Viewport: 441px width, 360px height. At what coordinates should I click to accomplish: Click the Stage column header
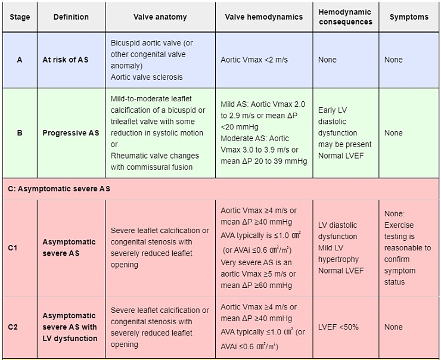(x=19, y=17)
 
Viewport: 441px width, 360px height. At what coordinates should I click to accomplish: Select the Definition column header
(x=71, y=17)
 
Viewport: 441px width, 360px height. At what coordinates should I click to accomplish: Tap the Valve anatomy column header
(x=160, y=17)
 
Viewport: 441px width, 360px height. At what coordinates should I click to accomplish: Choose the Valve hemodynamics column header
(x=263, y=17)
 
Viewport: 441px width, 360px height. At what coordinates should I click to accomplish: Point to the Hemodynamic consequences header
(x=345, y=17)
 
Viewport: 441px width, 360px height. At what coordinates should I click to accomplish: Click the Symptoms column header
(x=409, y=17)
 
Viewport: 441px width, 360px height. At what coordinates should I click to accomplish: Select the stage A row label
(x=19, y=60)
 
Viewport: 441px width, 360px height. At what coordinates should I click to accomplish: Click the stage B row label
(x=19, y=133)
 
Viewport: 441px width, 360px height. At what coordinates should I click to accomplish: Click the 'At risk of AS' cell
(x=65, y=60)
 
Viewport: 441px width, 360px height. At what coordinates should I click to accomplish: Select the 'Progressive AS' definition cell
(x=71, y=133)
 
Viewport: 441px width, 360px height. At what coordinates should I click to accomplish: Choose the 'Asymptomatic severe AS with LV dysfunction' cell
(x=70, y=327)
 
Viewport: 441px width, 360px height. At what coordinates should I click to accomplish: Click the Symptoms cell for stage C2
(x=393, y=327)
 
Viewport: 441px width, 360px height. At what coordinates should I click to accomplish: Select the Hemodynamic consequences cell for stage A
(x=327, y=60)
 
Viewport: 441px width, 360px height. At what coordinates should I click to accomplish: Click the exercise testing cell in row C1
(x=408, y=247)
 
